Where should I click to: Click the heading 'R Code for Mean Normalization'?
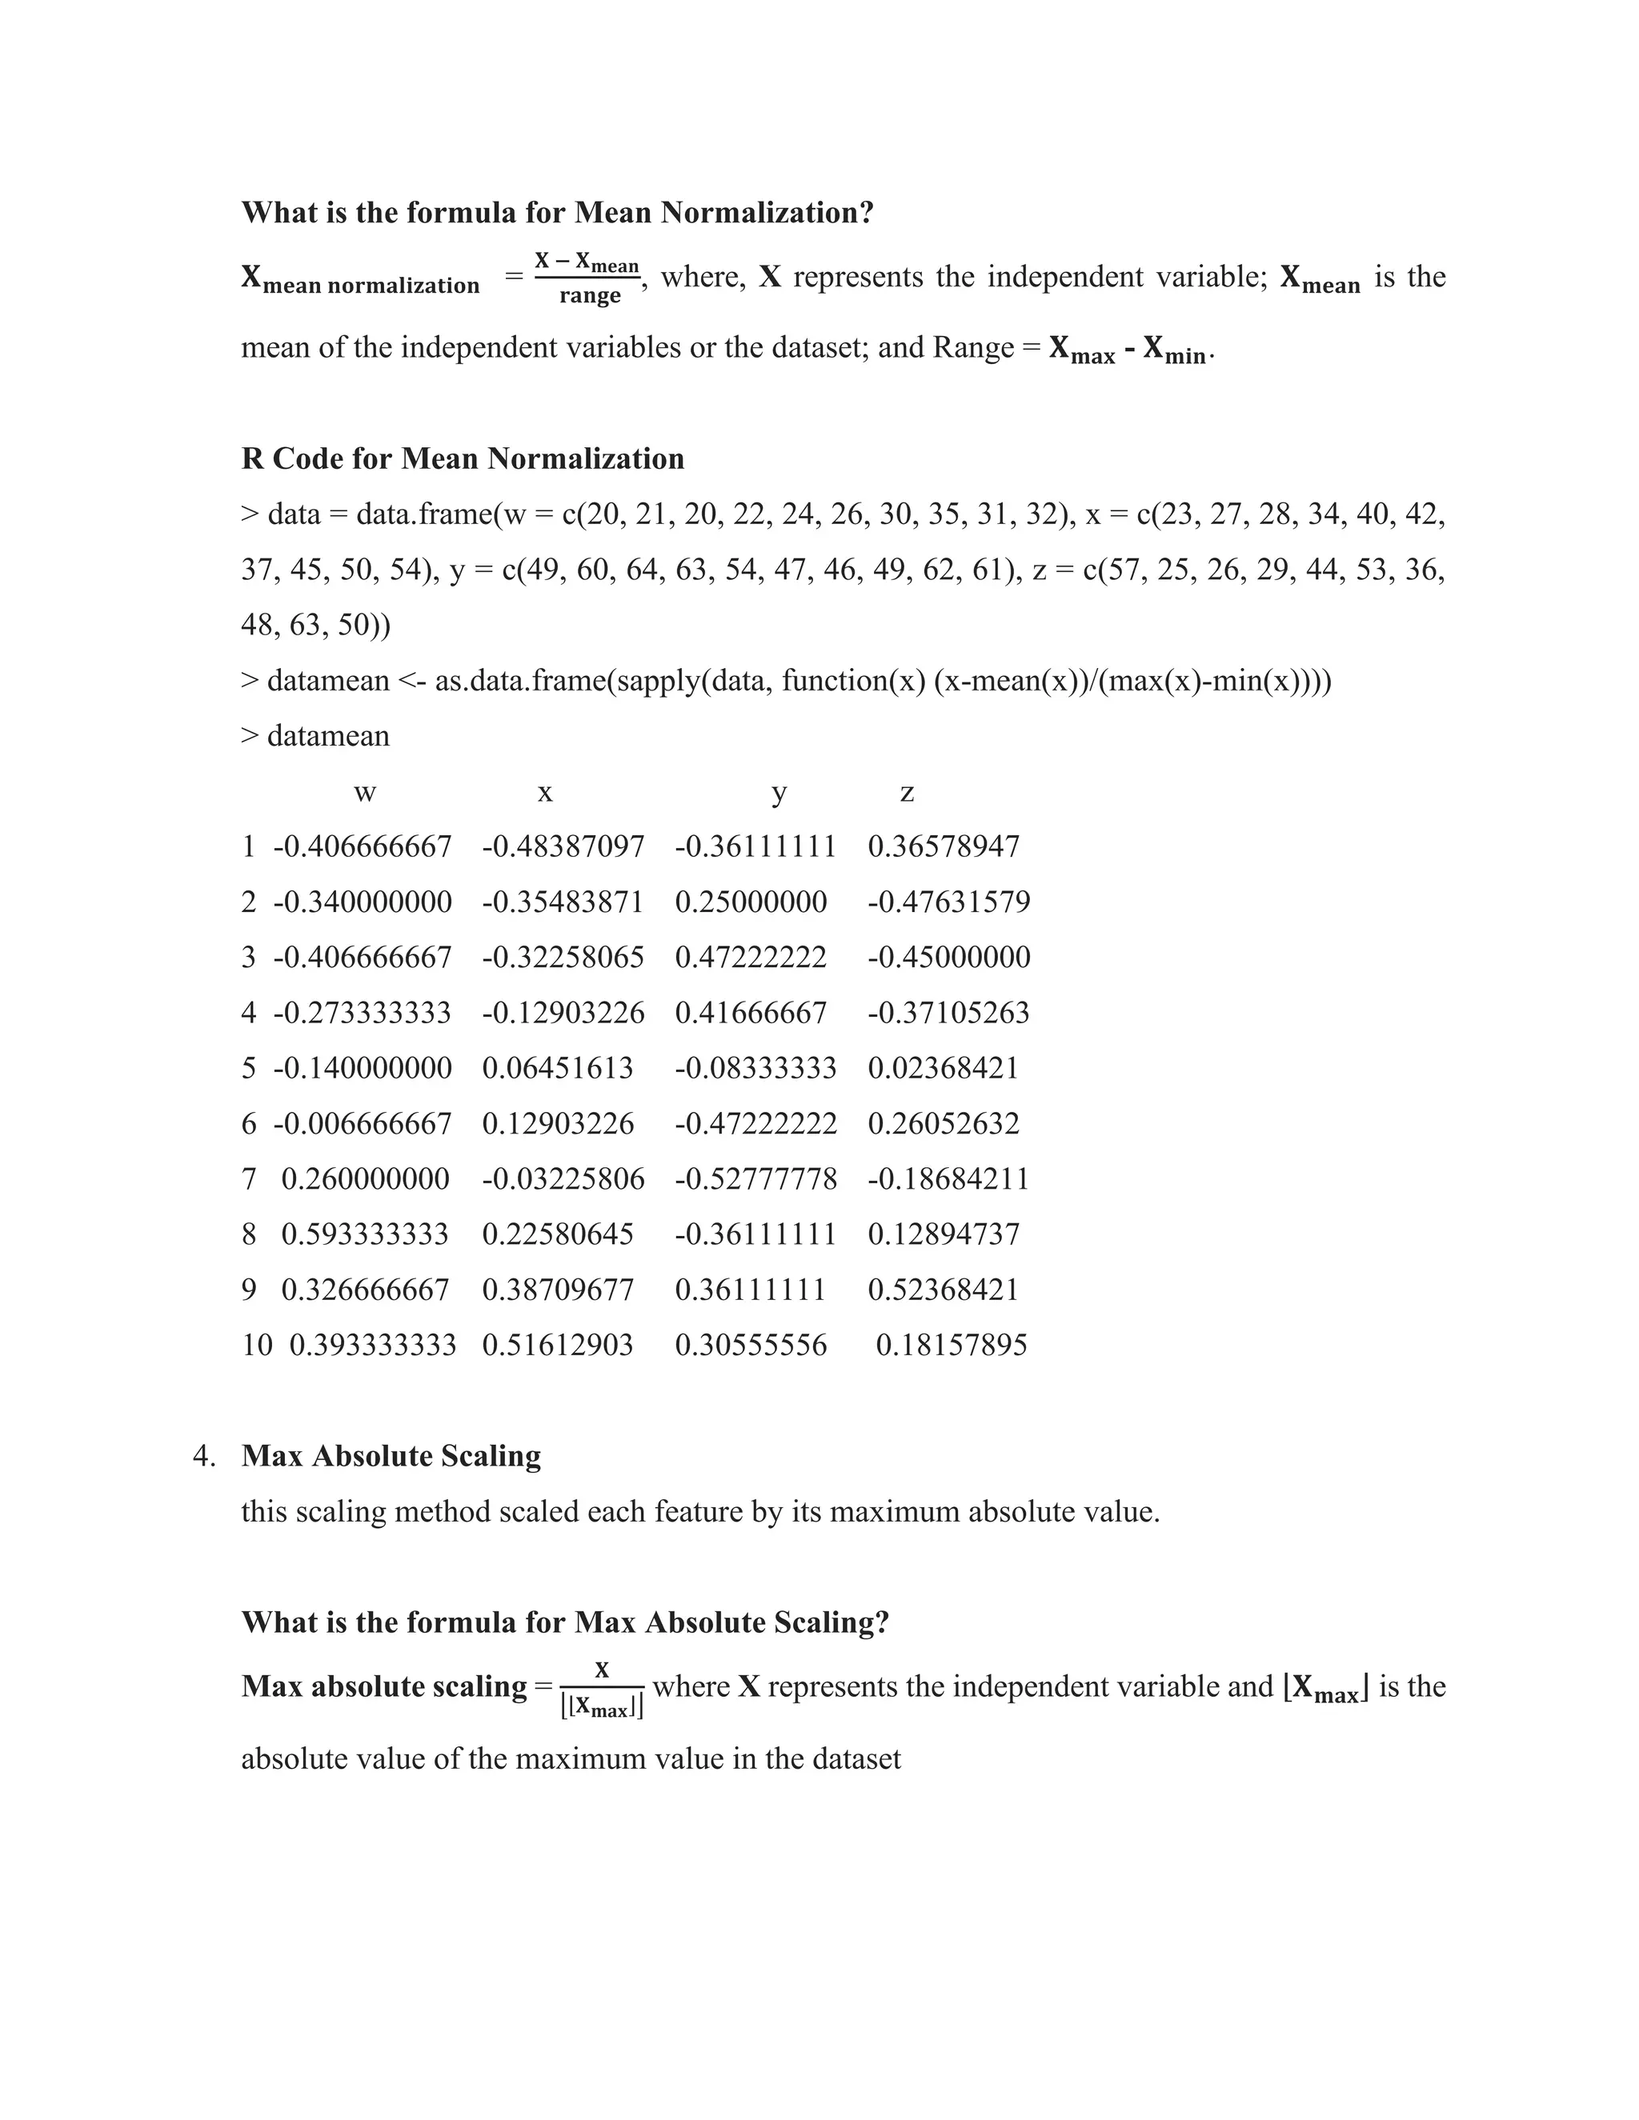tap(463, 458)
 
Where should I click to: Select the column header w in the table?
tap(364, 793)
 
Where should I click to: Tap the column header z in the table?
tap(907, 793)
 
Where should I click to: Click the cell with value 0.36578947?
tap(943, 846)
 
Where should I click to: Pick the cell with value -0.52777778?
tap(755, 1178)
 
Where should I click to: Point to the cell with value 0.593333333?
tap(365, 1234)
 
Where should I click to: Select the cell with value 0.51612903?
tap(557, 1345)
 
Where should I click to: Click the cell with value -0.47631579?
tap(948, 902)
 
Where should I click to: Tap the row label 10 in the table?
tap(258, 1345)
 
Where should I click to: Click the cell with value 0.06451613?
tap(557, 1068)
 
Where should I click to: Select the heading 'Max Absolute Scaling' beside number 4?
tap(391, 1456)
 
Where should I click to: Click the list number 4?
tap(203, 1456)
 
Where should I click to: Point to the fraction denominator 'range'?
tap(589, 296)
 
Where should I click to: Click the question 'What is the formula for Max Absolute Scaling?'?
tap(565, 1622)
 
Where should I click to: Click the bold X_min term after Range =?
tap(1174, 350)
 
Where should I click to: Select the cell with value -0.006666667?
tap(363, 1123)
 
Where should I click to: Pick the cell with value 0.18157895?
tap(951, 1345)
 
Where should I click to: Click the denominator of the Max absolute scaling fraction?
tap(602, 1707)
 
